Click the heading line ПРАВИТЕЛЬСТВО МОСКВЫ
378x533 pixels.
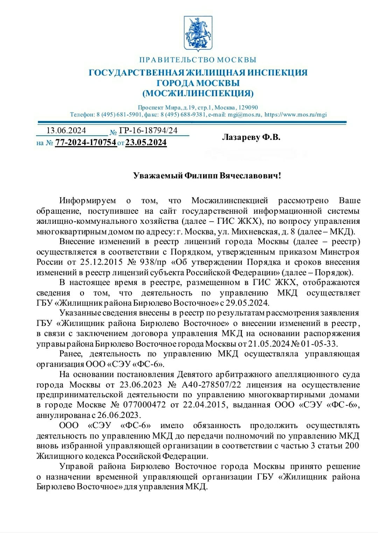(x=198, y=60)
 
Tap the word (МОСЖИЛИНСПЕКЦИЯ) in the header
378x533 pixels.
(x=198, y=93)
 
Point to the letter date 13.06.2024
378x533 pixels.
(x=66, y=131)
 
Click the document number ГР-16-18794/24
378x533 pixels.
(x=148, y=131)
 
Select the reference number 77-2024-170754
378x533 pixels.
(x=86, y=143)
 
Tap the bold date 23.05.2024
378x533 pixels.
(x=146, y=143)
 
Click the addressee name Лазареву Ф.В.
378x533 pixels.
(x=251, y=137)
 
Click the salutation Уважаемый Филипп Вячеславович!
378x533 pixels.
(x=207, y=176)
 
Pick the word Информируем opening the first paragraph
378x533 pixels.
(x=87, y=201)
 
